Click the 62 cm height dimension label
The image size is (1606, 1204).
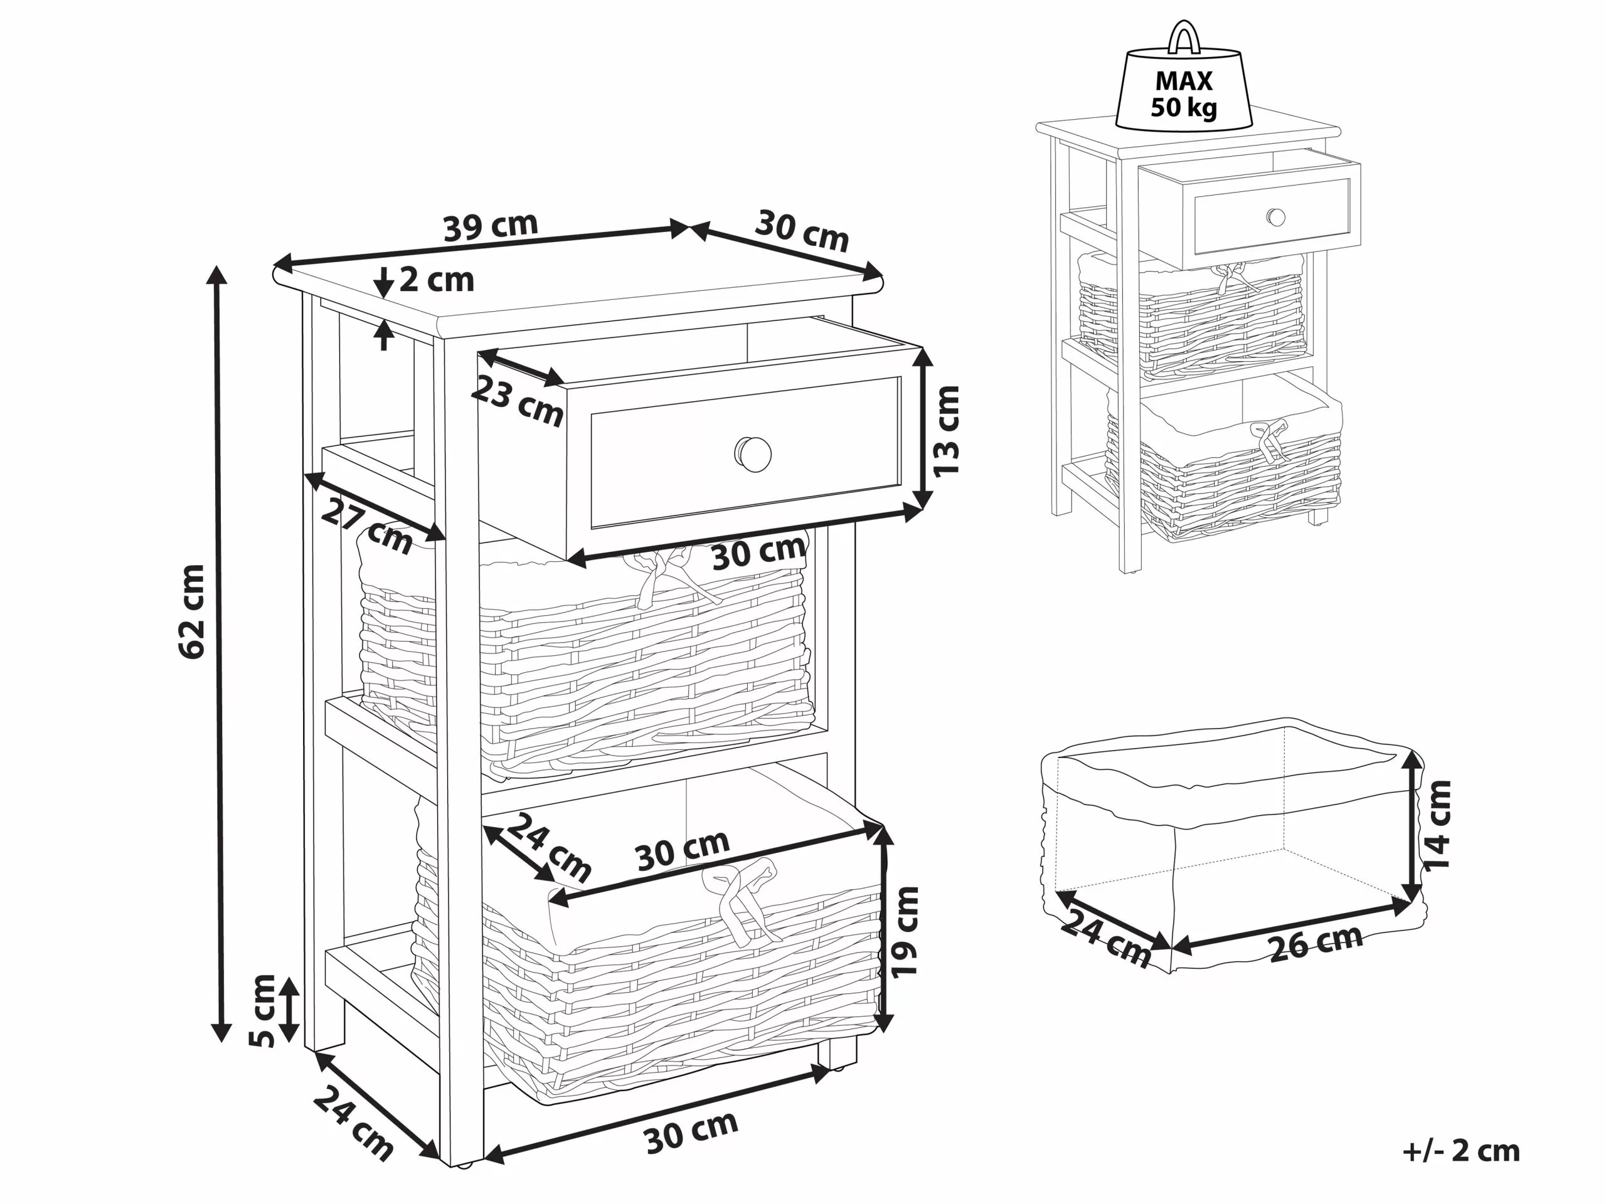click(192, 611)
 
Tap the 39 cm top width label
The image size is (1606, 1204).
click(491, 225)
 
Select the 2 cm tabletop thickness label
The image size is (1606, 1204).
click(437, 280)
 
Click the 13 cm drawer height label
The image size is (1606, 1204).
click(947, 431)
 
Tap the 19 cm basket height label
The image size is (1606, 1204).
click(905, 932)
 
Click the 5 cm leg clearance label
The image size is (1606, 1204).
click(262, 1011)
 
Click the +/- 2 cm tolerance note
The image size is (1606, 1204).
click(1461, 1150)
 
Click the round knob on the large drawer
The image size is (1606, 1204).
click(753, 454)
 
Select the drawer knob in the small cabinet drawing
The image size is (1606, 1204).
click(1275, 217)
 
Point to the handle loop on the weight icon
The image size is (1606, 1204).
click(1183, 36)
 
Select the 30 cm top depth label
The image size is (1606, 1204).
click(802, 230)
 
